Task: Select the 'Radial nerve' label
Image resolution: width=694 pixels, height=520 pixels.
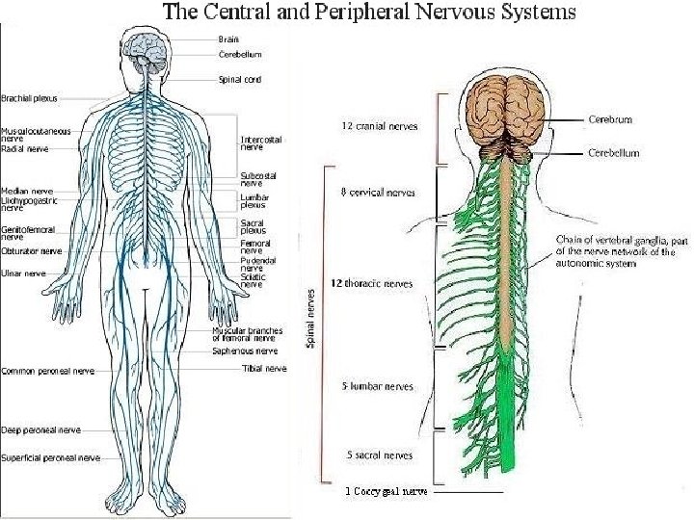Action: [25, 149]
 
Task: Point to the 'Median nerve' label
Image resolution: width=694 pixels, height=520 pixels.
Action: [26, 191]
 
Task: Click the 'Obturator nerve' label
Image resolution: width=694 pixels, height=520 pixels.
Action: [32, 251]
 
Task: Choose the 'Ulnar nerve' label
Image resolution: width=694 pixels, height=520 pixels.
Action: [23, 273]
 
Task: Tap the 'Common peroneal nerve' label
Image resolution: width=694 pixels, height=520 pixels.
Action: [48, 371]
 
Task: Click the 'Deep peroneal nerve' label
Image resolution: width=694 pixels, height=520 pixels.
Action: [41, 430]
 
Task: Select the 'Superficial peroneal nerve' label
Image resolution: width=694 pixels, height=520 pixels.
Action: [51, 457]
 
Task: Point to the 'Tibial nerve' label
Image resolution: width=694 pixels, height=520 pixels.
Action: [264, 368]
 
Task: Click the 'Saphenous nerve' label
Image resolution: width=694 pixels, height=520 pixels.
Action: [244, 351]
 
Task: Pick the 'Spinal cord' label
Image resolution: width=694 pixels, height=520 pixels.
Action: [239, 79]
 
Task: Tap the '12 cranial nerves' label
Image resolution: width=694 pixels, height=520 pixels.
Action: [380, 126]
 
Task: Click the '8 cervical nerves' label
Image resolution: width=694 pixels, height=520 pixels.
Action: [378, 193]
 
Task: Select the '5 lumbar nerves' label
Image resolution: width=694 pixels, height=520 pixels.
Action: [378, 387]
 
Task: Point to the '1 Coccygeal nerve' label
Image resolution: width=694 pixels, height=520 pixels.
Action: [387, 491]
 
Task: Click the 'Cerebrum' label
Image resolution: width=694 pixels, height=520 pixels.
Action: [610, 120]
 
